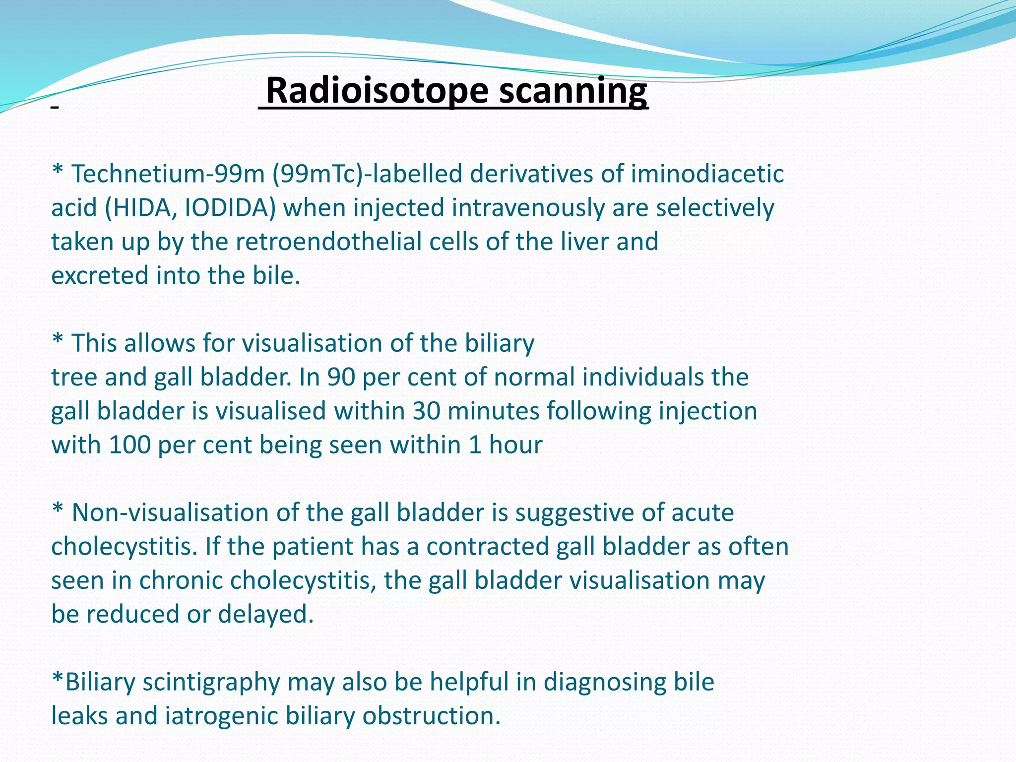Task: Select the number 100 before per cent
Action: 129,445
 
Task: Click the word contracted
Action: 487,547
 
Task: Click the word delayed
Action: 265,615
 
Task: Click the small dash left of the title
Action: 55,107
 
